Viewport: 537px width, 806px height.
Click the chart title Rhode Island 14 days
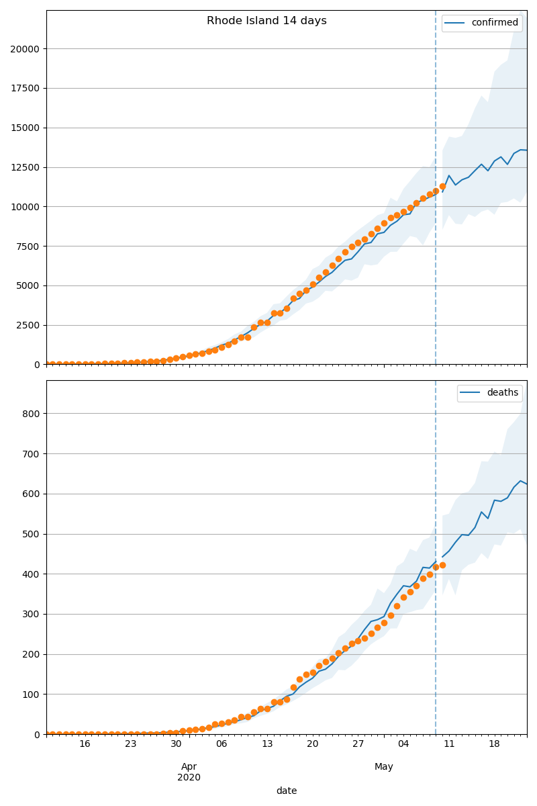(266, 21)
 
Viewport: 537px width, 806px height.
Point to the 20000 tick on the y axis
(24, 48)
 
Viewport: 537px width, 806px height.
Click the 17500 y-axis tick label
(24, 88)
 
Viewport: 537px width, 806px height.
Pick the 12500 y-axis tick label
(24, 167)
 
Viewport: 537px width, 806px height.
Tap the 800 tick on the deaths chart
(32, 414)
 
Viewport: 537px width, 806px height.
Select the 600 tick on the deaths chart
(32, 494)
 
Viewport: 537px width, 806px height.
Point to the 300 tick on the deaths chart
(32, 614)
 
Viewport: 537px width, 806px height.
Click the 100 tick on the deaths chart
(32, 695)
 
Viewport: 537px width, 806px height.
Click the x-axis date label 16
(85, 744)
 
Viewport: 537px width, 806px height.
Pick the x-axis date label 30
(176, 744)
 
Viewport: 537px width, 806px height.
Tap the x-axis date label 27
(358, 744)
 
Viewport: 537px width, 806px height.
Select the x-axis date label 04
(403, 744)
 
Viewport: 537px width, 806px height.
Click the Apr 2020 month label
(189, 772)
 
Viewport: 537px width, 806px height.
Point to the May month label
(384, 766)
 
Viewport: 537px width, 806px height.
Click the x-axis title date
(287, 791)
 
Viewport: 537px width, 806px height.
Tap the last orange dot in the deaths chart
(442, 565)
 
